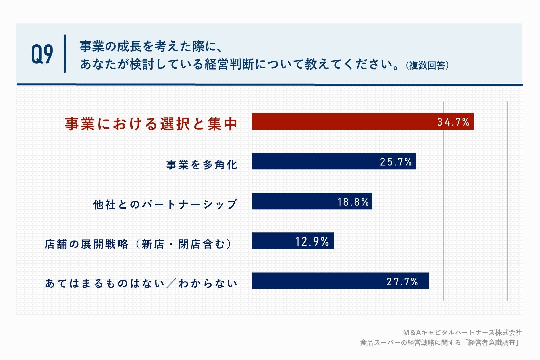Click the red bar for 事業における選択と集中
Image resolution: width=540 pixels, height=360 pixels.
click(x=344, y=121)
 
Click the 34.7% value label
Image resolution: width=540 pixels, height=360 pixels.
click(x=453, y=122)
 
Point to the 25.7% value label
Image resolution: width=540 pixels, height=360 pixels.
click(x=396, y=162)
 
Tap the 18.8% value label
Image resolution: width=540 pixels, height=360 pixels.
click(x=353, y=202)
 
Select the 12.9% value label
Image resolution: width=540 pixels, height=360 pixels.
click(x=312, y=241)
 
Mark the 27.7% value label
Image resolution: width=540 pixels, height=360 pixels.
click(x=403, y=281)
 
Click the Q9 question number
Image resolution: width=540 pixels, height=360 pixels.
click(x=42, y=54)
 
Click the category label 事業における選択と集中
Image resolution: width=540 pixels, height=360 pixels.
click(x=151, y=124)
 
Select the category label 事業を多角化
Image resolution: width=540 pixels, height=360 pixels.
click(x=202, y=165)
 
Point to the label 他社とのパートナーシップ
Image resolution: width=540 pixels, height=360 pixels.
click(x=165, y=204)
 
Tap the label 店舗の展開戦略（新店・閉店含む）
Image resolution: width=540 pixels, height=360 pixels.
click(x=138, y=244)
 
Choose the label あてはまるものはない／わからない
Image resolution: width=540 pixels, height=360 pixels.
click(x=141, y=283)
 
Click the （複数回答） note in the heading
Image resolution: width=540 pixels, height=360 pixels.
click(x=427, y=65)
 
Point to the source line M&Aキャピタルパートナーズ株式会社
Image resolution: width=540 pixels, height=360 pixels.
click(x=462, y=333)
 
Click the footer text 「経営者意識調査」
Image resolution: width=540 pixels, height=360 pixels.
click(x=492, y=343)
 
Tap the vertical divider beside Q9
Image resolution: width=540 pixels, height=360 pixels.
click(x=65, y=54)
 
